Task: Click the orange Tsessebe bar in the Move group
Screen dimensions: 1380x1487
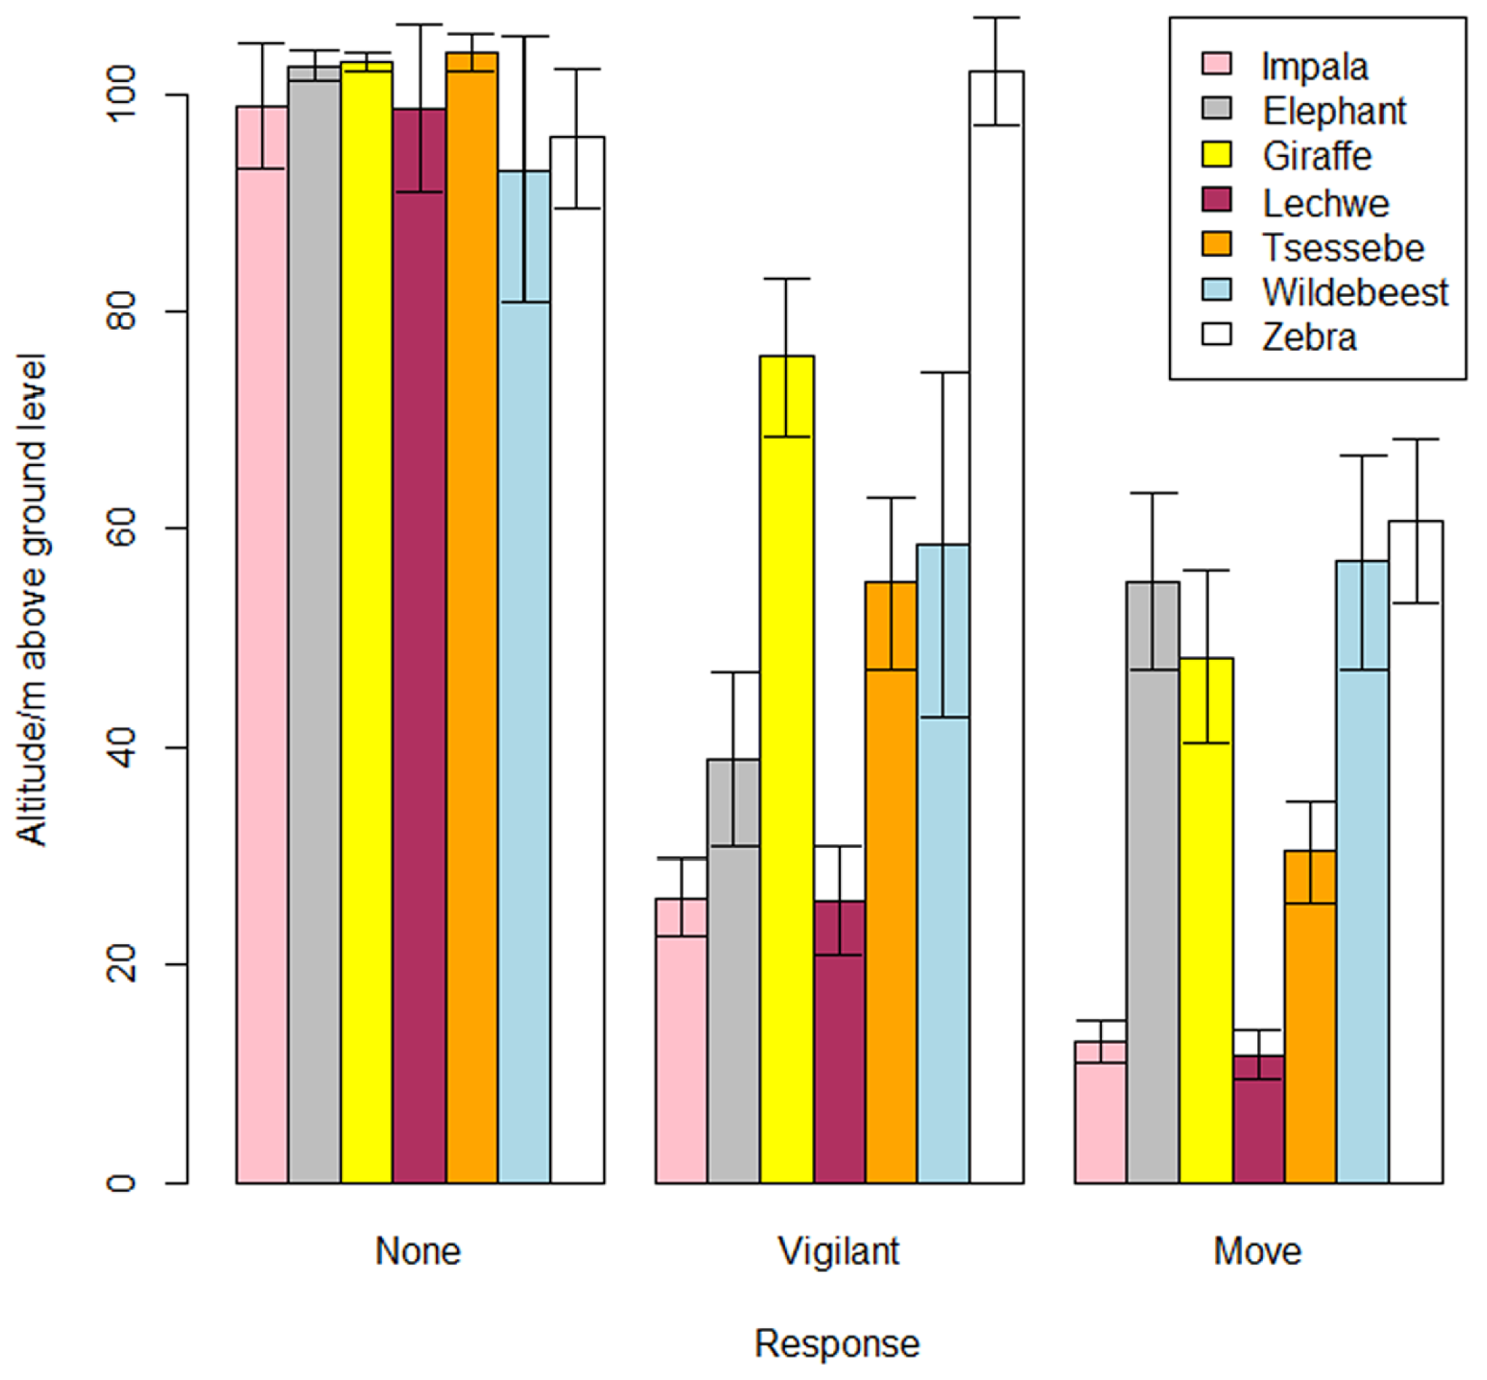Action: [x=1310, y=1015]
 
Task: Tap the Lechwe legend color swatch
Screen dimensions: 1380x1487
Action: [x=1217, y=200]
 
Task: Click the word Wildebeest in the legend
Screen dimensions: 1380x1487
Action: [x=1355, y=292]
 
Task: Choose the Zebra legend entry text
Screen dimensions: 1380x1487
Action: [x=1310, y=337]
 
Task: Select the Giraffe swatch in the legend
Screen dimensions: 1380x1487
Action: [x=1217, y=155]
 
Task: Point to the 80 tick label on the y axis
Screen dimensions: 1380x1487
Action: [x=121, y=313]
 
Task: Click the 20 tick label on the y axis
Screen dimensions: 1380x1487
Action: [x=121, y=964]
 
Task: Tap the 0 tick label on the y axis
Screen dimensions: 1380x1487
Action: [x=121, y=1182]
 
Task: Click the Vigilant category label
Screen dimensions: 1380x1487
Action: [x=838, y=1251]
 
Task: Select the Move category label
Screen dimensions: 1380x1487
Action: [x=1257, y=1251]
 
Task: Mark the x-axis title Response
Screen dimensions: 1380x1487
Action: [x=837, y=1343]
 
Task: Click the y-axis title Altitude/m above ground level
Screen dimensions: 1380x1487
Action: [x=32, y=601]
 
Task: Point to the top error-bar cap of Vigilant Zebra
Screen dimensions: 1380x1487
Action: [x=996, y=17]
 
